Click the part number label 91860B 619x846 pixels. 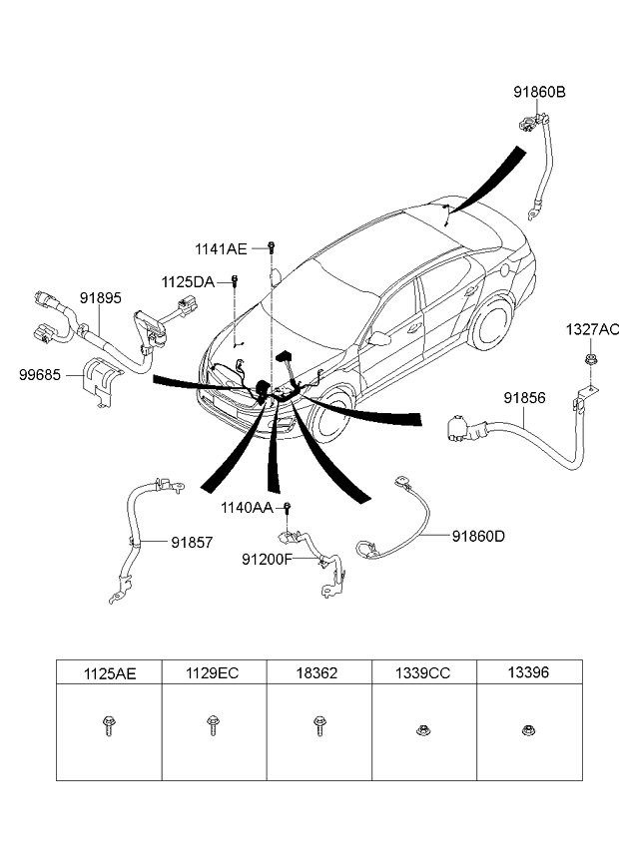(x=539, y=93)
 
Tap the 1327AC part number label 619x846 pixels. (x=592, y=329)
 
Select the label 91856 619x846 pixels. (x=523, y=397)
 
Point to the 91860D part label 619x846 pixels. (x=478, y=536)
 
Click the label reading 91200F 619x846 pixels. (x=266, y=560)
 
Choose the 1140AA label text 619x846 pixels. (x=248, y=508)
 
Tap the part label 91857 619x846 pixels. (x=191, y=542)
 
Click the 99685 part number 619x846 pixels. (x=39, y=376)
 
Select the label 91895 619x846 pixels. (x=100, y=297)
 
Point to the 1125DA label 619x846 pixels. (x=189, y=282)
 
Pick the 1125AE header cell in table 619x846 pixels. (x=109, y=673)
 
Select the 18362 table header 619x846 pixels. (x=318, y=673)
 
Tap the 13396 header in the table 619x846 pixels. (x=527, y=673)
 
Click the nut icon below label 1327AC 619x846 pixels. (x=591, y=356)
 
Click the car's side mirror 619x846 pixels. (x=380, y=338)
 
